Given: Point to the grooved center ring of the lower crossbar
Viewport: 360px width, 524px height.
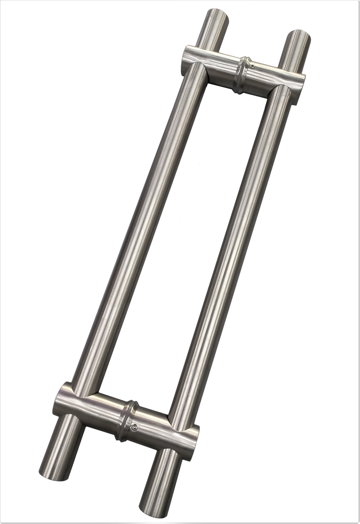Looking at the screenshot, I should [x=126, y=421].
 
